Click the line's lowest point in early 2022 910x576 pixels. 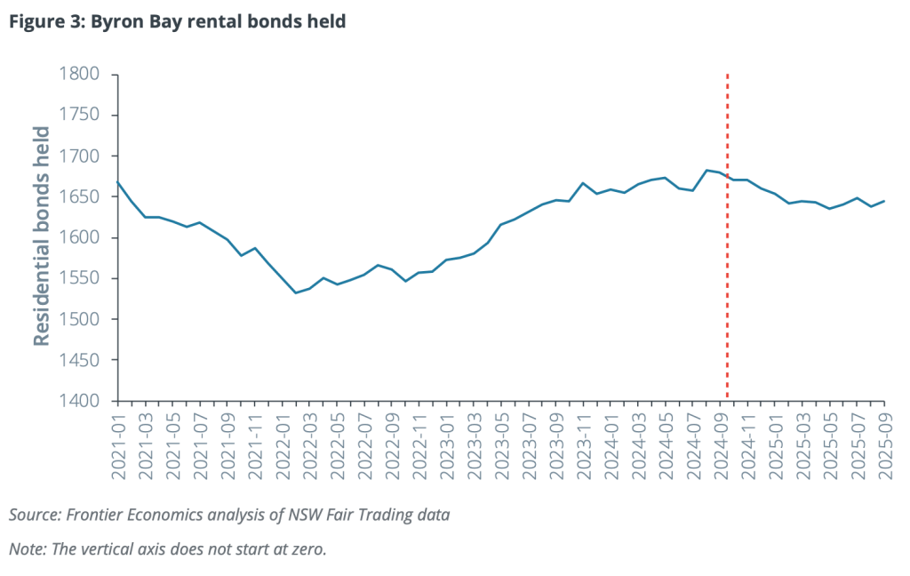[x=296, y=292]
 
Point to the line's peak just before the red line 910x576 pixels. [x=706, y=170]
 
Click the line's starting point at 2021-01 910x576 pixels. [x=117, y=182]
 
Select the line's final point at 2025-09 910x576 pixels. [x=884, y=201]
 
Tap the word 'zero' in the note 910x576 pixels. [x=307, y=548]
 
